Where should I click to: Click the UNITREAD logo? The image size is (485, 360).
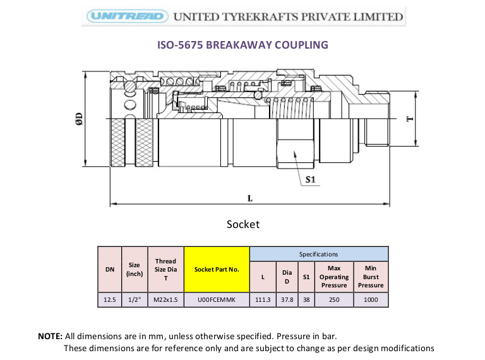pos(128,16)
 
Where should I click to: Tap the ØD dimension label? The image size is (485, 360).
pos(79,119)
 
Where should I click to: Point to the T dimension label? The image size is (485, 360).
pos(409,119)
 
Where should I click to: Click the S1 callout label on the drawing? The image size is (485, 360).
pos(310,179)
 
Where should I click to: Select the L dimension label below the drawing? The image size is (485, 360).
pos(250,198)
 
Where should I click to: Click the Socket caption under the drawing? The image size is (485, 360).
pos(243,224)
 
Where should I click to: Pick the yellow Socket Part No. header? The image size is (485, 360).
pos(217,270)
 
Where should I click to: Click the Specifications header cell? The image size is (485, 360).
pos(318,255)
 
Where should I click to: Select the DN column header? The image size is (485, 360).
pos(110,270)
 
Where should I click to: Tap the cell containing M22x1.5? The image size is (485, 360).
pos(166,300)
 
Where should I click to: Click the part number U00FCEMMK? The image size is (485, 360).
pos(217,300)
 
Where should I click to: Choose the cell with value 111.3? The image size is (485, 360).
pos(263,300)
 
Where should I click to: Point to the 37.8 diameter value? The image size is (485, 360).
pos(287,300)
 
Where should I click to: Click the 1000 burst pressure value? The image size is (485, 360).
pos(371,300)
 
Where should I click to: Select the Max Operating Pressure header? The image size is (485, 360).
pos(334,277)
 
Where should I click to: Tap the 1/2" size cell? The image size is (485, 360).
pos(135,300)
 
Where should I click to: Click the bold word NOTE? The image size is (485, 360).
pos(50,336)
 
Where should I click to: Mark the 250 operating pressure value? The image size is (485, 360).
pos(334,300)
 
